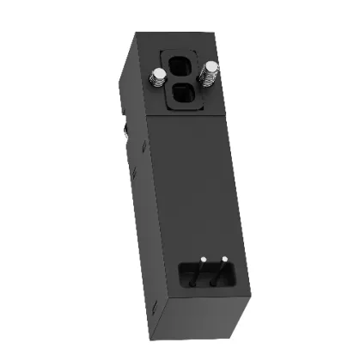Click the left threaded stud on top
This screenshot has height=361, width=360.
click(x=157, y=76)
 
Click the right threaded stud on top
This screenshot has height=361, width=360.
click(x=208, y=74)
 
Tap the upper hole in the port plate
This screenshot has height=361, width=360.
click(x=182, y=67)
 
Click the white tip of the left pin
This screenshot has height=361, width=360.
click(x=202, y=259)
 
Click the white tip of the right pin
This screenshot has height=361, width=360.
click(x=223, y=258)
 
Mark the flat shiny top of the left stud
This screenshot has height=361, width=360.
click(x=157, y=71)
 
